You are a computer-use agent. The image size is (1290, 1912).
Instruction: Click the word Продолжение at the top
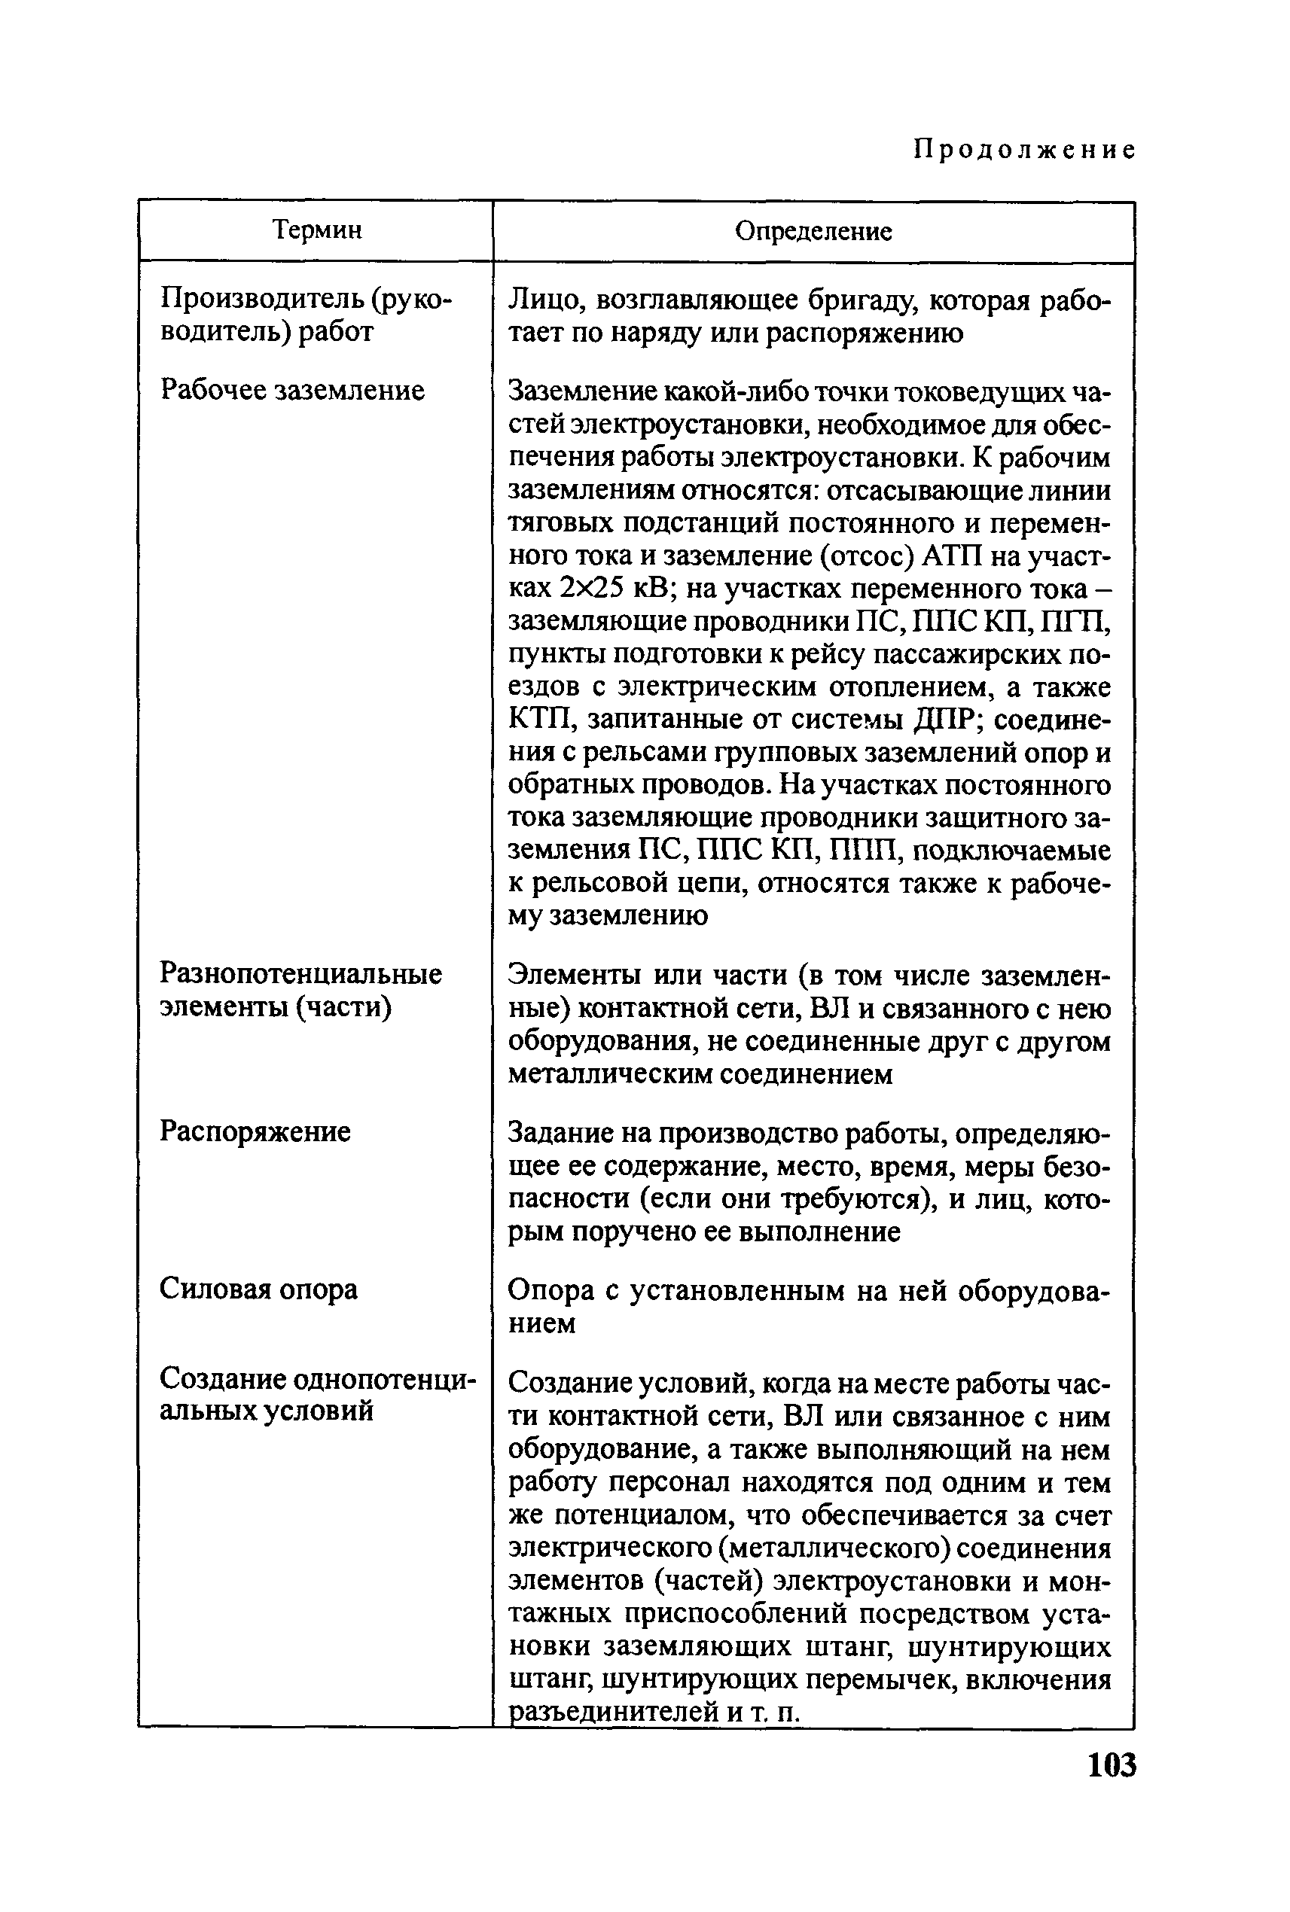tap(1025, 150)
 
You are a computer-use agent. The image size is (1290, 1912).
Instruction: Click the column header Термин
tap(317, 230)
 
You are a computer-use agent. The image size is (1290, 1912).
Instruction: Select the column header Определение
tap(813, 231)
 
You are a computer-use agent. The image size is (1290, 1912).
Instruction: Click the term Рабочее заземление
tap(292, 390)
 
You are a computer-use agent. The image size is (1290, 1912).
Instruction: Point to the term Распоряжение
tap(255, 1131)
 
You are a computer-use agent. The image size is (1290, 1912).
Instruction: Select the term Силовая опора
tap(258, 1289)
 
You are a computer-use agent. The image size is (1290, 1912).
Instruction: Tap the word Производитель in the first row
tap(261, 300)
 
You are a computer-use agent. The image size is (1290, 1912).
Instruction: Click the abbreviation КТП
tap(535, 720)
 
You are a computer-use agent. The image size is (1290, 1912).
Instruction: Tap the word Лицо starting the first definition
tap(543, 301)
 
